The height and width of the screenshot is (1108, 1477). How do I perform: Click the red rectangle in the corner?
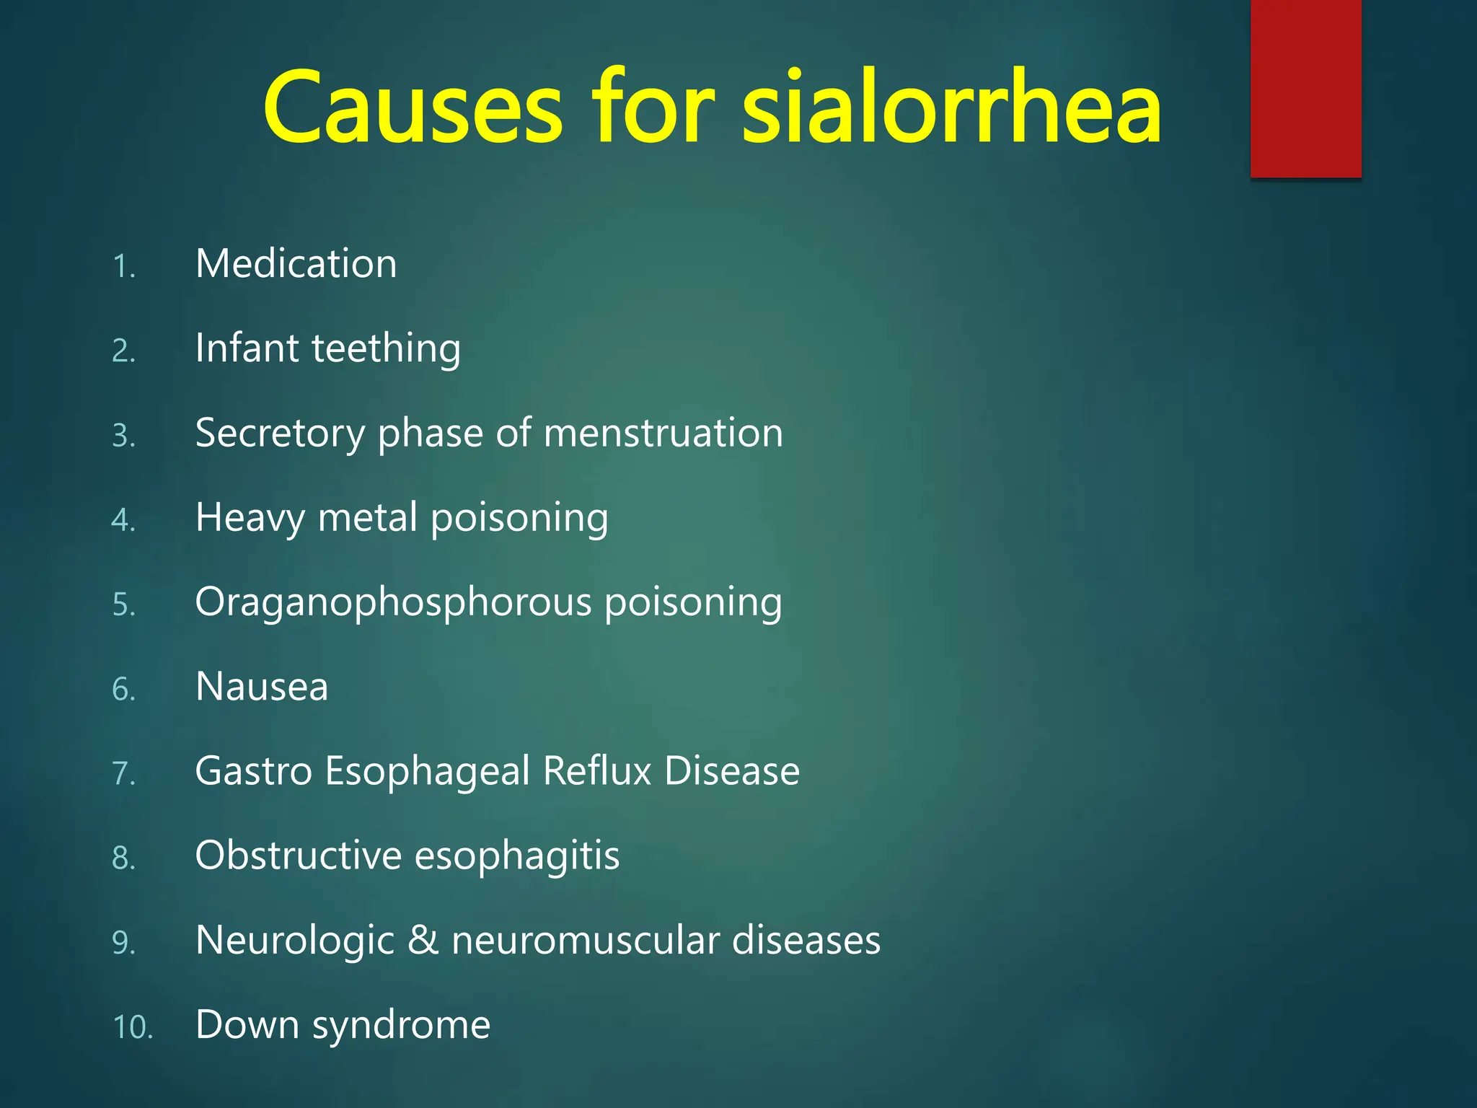click(x=1305, y=88)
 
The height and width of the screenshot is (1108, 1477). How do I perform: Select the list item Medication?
click(x=296, y=264)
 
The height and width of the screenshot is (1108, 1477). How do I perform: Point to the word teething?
click(x=386, y=348)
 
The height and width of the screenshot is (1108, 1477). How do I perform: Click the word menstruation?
click(x=663, y=433)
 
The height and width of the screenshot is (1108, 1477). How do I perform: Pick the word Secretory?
click(x=280, y=434)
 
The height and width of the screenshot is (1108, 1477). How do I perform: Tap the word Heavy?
click(x=250, y=519)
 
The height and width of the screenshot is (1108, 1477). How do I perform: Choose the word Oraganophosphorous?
click(x=393, y=603)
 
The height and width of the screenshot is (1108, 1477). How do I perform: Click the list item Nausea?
click(x=262, y=687)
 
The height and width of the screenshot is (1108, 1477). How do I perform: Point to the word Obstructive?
click(x=299, y=856)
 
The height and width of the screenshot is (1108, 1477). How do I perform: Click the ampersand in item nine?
click(x=423, y=941)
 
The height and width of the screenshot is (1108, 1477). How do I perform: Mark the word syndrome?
click(x=401, y=1026)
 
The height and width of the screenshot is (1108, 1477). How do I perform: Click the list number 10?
click(x=133, y=1027)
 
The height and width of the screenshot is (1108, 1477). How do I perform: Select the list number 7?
click(x=123, y=773)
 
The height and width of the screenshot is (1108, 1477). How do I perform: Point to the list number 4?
click(x=123, y=520)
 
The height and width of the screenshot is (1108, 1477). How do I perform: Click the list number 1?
click(x=123, y=267)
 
